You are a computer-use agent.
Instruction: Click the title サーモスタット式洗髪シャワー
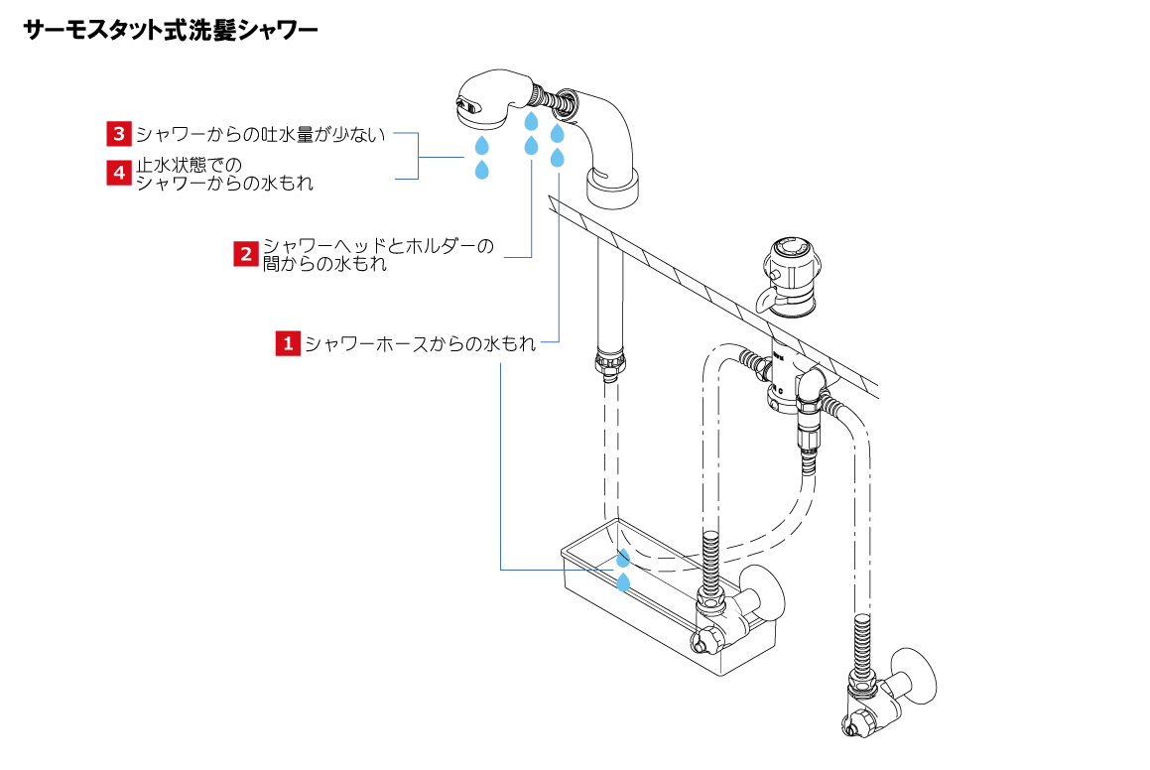pos(170,32)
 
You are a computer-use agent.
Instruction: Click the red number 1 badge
pos(288,343)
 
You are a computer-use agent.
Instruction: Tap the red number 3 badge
pos(119,133)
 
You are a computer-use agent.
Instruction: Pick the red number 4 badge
pos(119,173)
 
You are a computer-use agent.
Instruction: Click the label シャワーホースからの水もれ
pos(420,344)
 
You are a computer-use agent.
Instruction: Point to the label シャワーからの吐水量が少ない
pos(260,134)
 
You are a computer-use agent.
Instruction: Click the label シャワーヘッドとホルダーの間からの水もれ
pos(377,255)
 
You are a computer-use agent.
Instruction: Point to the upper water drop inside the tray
pos(624,557)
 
